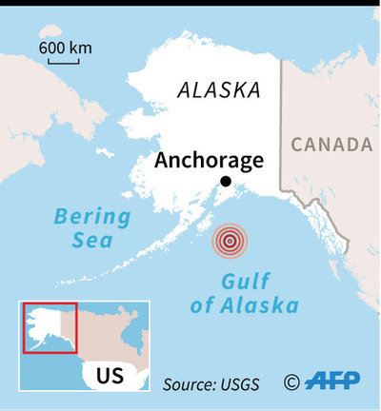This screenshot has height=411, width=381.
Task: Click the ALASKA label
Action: (218, 91)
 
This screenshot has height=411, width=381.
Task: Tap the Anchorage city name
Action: (209, 160)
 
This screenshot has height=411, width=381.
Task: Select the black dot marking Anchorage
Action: (226, 182)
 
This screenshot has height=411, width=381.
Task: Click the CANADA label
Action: (331, 145)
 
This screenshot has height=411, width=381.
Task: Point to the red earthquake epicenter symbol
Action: (229, 242)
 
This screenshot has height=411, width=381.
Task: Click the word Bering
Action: (91, 216)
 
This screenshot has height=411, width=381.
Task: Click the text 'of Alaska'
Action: (251, 305)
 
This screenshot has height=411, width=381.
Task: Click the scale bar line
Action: (63, 64)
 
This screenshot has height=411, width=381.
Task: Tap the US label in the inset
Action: (110, 375)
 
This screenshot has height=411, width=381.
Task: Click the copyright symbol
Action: (291, 382)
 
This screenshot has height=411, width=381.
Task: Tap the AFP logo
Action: (332, 382)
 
